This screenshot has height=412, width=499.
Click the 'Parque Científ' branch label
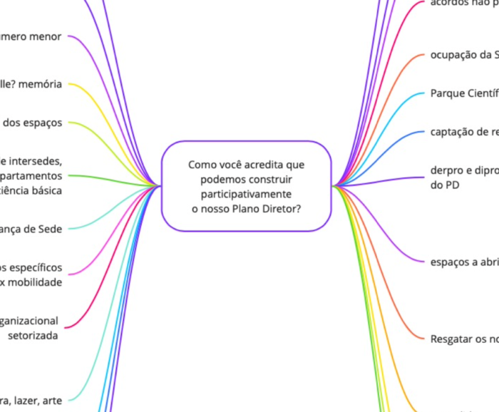coord(463,93)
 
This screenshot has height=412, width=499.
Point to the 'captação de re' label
coord(463,132)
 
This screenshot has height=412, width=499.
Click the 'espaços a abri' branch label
coord(463,262)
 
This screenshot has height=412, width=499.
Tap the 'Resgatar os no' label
coord(463,339)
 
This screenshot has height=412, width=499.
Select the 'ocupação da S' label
coord(463,55)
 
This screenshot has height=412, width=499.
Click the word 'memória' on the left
coord(41,83)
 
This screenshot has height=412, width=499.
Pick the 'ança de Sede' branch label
coord(31,229)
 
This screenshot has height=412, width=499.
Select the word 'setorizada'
coord(34,335)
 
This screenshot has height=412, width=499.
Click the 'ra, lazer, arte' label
coord(31,400)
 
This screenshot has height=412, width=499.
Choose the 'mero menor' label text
coord(31,36)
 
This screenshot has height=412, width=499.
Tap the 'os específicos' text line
coord(31,268)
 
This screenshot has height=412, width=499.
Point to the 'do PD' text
coord(441,185)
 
